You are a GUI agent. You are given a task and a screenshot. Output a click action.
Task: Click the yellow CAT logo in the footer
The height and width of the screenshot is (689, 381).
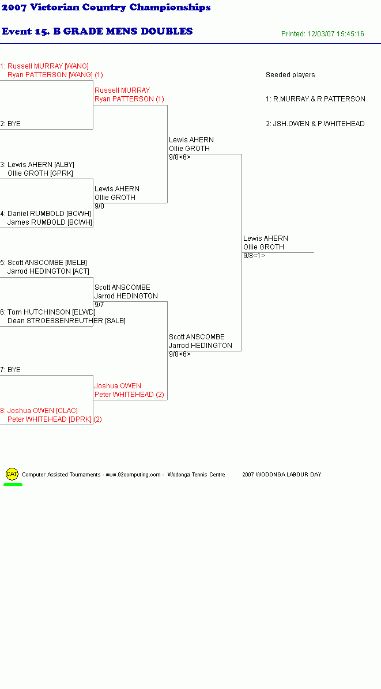pos(12,474)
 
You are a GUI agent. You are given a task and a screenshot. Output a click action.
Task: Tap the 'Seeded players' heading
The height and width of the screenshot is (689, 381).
pos(290,75)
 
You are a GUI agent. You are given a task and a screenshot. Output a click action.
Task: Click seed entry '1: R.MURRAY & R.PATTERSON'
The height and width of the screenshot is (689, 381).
pos(315,99)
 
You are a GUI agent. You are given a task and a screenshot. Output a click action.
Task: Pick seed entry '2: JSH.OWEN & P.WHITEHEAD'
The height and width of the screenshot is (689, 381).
pos(315,124)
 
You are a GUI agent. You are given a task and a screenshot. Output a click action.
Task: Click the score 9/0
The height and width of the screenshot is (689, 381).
pos(99,206)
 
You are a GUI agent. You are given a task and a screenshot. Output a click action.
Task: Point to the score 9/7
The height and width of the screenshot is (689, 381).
pos(99,305)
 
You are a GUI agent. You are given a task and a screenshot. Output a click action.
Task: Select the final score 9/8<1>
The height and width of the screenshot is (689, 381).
pos(254,256)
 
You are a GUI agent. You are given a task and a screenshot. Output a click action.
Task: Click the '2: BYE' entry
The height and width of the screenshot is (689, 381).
pos(10,124)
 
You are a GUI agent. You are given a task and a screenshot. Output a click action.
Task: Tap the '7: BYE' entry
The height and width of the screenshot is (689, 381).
pos(10,370)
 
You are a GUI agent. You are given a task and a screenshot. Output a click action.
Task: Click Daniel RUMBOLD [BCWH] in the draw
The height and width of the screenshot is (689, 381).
pos(49,214)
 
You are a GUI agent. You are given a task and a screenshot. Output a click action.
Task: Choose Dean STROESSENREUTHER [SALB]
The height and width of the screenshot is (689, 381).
pos(66,321)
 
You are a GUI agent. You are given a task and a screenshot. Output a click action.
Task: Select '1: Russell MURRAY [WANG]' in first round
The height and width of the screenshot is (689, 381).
pos(44,66)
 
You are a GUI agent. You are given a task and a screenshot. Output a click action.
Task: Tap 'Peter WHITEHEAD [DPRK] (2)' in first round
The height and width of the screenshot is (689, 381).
pos(55,419)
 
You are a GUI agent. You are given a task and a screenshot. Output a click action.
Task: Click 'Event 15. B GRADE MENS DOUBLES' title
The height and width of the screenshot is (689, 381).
pos(97,31)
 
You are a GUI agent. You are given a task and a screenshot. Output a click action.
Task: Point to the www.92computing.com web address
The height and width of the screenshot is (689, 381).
pos(133,475)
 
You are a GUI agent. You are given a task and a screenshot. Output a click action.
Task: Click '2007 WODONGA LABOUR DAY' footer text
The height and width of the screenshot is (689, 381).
pos(282,475)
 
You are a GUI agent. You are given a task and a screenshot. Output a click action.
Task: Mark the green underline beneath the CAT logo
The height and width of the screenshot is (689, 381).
pos(13,484)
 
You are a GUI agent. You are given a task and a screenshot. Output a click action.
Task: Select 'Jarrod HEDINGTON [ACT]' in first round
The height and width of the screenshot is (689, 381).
pos(48,271)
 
